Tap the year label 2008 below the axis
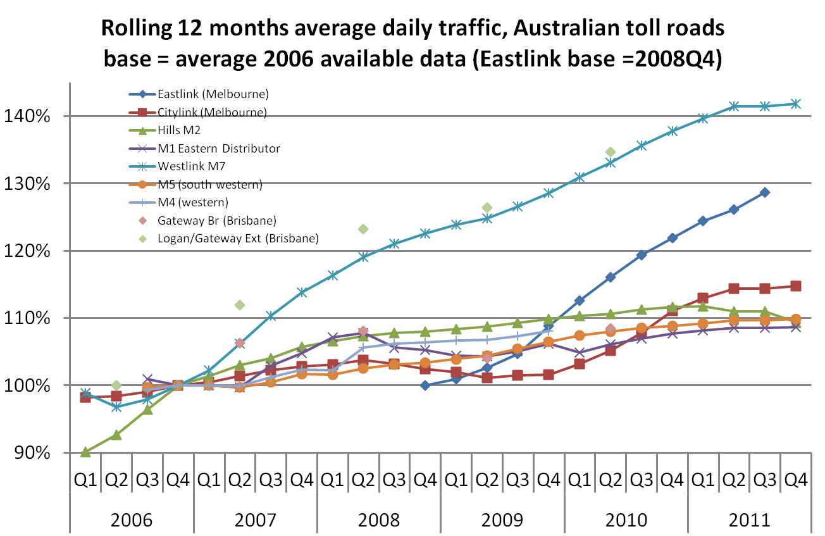point(378,520)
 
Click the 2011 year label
point(749,520)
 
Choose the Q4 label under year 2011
point(795,480)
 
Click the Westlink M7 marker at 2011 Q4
point(795,104)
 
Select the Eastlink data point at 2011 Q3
point(764,192)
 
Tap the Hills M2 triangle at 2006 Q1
point(85,452)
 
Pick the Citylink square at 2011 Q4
point(795,286)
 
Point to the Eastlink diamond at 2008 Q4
point(425,385)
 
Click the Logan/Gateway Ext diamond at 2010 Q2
point(611,152)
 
